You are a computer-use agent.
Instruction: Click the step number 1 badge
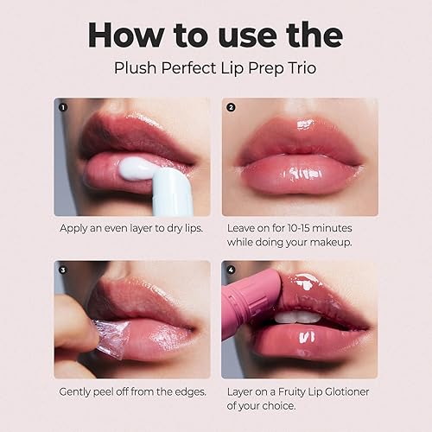click(x=63, y=108)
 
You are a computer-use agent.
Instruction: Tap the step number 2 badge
click(x=231, y=108)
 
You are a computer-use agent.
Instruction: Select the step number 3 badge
click(x=63, y=270)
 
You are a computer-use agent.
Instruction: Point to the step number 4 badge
click(x=231, y=270)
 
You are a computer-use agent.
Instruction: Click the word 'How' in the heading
click(x=129, y=34)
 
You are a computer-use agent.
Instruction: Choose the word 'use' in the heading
click(x=243, y=34)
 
